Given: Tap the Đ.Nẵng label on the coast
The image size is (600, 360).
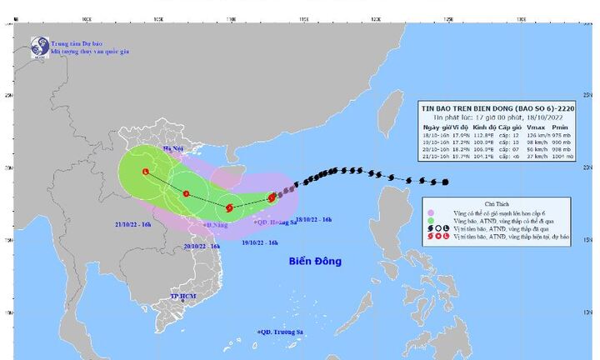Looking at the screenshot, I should [216, 225].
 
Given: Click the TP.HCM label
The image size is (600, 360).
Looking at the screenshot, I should [182, 297].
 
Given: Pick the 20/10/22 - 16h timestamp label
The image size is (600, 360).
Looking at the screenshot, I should [202, 247].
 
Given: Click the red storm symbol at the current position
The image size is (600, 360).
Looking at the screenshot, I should [272, 197].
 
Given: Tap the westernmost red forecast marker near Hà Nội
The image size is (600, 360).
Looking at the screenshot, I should [147, 172].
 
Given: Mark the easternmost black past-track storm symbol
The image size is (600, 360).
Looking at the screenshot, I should [446, 182].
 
